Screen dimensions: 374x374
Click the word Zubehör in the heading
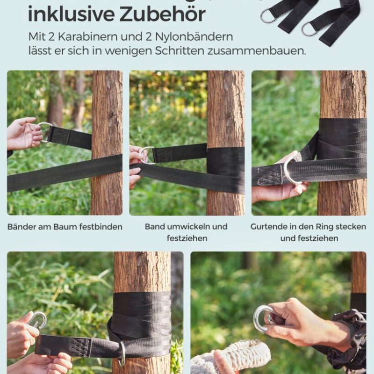[x=162, y=14]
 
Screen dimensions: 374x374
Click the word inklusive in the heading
[x=72, y=14]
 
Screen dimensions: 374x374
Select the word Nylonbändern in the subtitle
[x=194, y=37]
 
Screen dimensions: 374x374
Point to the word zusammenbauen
[x=257, y=50]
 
